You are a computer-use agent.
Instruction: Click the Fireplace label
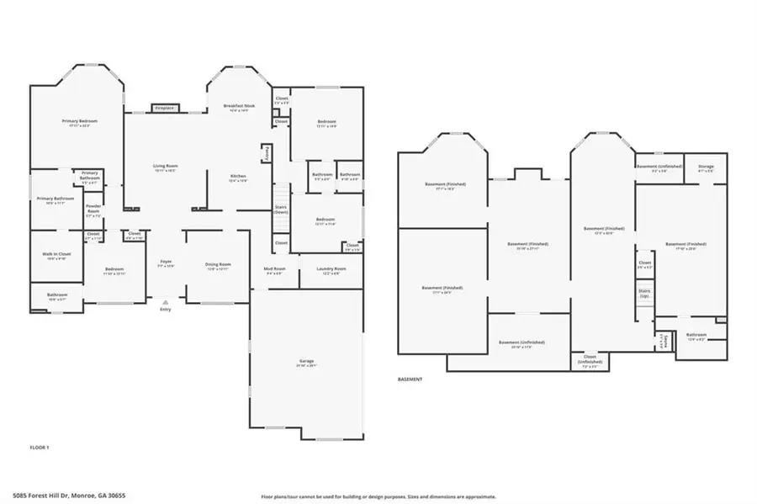pyautogui.click(x=164, y=108)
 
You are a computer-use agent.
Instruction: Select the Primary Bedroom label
pyautogui.click(x=80, y=121)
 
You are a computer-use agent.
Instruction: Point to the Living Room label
pyautogui.click(x=165, y=166)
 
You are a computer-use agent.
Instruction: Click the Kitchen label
pyautogui.click(x=239, y=176)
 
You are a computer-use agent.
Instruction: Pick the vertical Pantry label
pyautogui.click(x=268, y=153)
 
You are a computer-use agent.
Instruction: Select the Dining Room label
pyautogui.click(x=218, y=265)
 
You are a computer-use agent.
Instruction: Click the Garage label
pyautogui.click(x=306, y=361)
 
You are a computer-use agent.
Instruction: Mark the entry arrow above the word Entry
pyautogui.click(x=165, y=300)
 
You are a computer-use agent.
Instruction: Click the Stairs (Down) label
pyautogui.click(x=281, y=209)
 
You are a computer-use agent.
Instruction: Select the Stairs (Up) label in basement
pyautogui.click(x=644, y=294)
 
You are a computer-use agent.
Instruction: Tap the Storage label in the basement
pyautogui.click(x=706, y=167)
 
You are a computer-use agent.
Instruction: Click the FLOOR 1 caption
pyautogui.click(x=40, y=447)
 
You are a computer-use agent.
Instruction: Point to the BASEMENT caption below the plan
pyautogui.click(x=410, y=379)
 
